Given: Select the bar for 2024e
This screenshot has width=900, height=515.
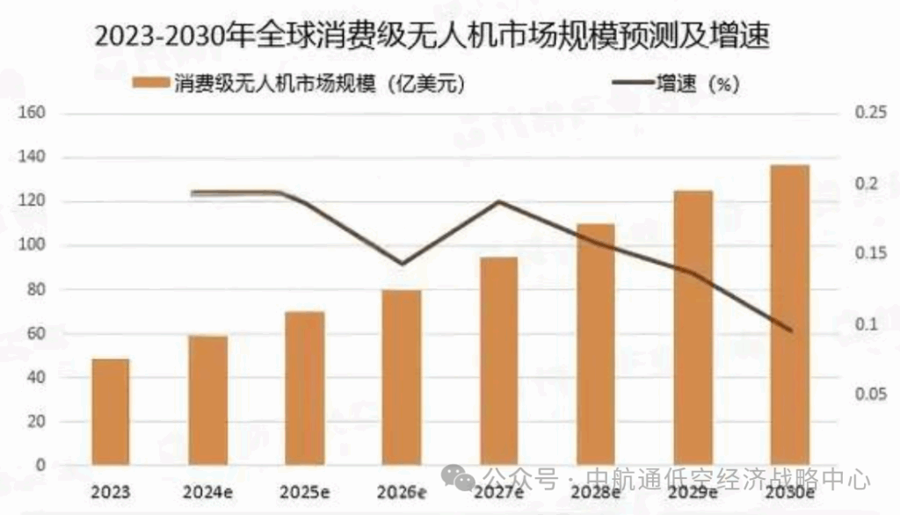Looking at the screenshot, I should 208,400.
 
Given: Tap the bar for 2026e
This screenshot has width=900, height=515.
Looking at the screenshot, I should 402,377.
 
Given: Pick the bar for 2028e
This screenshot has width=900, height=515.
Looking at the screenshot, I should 595,344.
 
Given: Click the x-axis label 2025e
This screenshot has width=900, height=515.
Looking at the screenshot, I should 305,491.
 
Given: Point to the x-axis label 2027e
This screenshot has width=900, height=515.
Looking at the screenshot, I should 498,491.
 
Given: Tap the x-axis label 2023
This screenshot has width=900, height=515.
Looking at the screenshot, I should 111,491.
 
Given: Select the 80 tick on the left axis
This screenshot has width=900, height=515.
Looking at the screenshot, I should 33,290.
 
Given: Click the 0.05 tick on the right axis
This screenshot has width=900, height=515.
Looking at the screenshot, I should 870,395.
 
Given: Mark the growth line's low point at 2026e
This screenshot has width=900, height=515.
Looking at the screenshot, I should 402,263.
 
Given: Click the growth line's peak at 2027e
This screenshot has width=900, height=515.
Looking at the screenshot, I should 499,202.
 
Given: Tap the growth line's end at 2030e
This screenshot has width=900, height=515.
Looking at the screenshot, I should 790,330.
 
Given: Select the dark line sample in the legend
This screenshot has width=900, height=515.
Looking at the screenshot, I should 631,84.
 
